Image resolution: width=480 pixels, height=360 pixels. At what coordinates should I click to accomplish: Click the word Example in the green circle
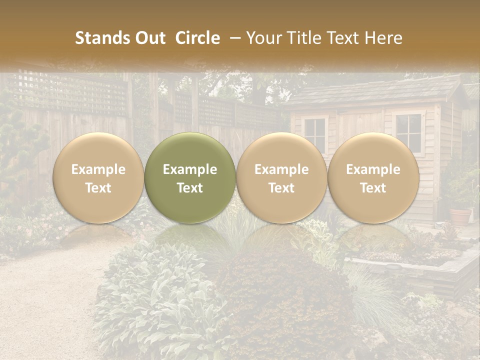pyautogui.click(x=190, y=169)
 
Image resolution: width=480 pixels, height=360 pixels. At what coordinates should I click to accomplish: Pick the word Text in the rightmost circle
pyautogui.click(x=373, y=188)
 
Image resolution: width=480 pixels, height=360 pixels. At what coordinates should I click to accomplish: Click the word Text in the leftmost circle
pyautogui.click(x=98, y=188)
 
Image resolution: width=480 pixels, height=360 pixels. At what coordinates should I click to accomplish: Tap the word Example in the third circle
pyautogui.click(x=281, y=169)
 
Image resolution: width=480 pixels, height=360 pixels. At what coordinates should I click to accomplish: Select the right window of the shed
pyautogui.click(x=408, y=131)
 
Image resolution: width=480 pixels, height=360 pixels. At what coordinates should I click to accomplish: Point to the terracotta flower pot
pyautogui.click(x=460, y=216)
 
